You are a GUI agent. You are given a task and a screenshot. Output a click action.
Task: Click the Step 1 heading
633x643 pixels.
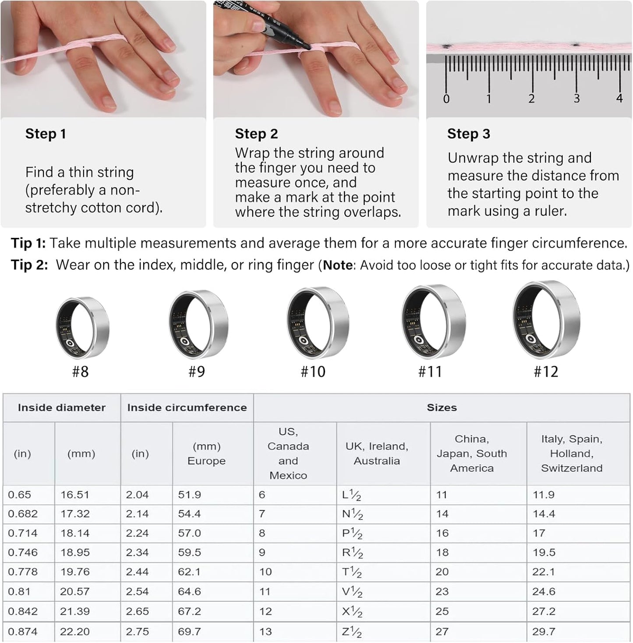[46, 134]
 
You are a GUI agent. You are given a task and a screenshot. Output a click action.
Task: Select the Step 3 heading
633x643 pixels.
[468, 134]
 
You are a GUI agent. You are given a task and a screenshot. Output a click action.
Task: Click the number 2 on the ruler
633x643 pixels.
[531, 99]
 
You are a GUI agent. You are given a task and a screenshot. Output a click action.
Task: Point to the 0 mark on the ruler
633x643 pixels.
[446, 99]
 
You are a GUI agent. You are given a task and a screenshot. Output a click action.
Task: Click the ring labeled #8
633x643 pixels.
[82, 326]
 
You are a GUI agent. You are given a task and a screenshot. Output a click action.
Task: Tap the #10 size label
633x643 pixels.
[313, 372]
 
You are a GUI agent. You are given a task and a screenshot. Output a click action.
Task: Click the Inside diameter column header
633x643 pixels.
[62, 408]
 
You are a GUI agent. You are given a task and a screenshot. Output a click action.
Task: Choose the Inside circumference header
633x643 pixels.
[187, 408]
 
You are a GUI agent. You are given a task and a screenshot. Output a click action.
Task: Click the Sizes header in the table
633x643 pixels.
[442, 408]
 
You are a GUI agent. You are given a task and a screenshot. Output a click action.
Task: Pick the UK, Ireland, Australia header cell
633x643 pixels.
[377, 454]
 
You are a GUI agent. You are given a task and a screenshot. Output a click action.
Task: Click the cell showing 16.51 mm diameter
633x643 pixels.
[75, 495]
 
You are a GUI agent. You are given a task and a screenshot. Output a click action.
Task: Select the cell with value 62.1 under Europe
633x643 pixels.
[189, 572]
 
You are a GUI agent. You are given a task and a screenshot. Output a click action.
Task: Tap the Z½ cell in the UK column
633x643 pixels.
[352, 632]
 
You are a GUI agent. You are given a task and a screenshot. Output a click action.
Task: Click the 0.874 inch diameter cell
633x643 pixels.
[23, 632]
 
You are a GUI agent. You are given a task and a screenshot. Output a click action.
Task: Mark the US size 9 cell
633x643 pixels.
[262, 553]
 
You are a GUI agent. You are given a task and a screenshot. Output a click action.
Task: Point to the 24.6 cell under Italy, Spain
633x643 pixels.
[544, 592]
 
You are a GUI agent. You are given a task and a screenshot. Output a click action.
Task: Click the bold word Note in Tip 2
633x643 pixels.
[338, 265]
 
